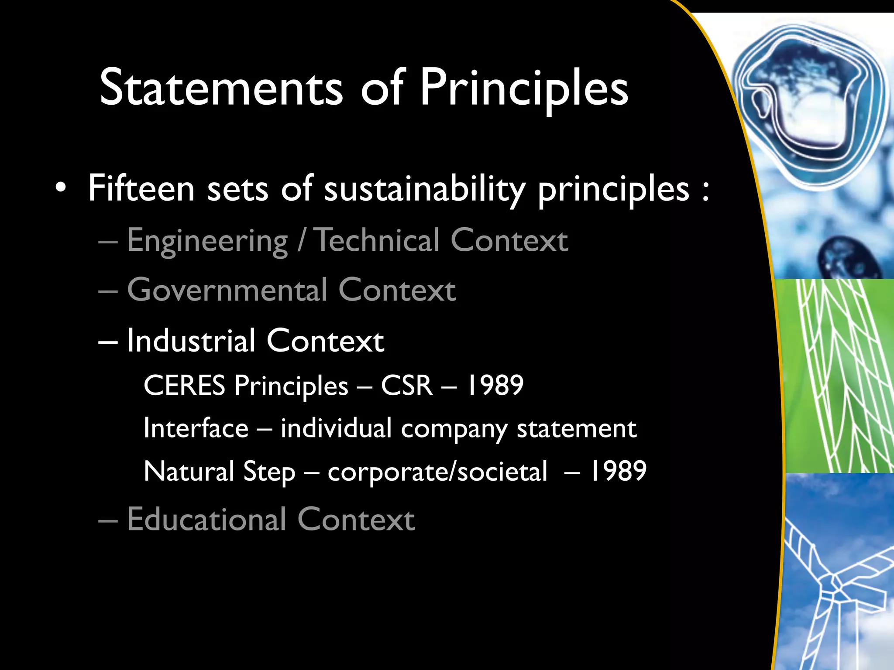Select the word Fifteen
pyautogui.click(x=141, y=188)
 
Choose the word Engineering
pyautogui.click(x=207, y=241)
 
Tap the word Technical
pyautogui.click(x=377, y=240)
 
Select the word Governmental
pyautogui.click(x=227, y=290)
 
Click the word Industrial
pyautogui.click(x=191, y=341)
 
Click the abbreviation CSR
pyautogui.click(x=407, y=386)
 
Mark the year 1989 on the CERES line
pyautogui.click(x=495, y=386)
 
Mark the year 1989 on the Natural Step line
pyautogui.click(x=618, y=471)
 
